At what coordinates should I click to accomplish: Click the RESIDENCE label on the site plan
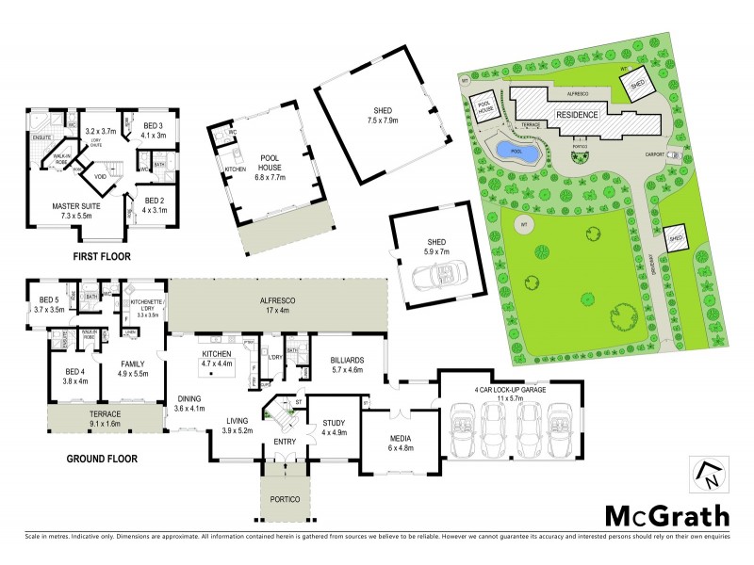577,114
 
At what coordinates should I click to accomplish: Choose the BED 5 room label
47,303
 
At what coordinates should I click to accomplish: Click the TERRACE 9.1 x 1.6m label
102,415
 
